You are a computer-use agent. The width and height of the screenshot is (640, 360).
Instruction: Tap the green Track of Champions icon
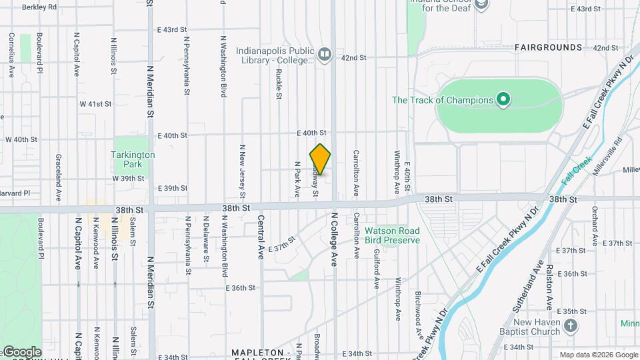504,101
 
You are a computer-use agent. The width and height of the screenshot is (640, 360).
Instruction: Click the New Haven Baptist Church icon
570,325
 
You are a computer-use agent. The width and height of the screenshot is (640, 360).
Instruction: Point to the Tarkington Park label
133,159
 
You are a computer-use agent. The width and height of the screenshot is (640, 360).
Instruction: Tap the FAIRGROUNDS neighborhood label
548,48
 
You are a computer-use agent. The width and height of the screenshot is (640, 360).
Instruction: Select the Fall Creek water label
577,171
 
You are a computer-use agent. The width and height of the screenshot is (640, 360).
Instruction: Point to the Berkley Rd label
39,8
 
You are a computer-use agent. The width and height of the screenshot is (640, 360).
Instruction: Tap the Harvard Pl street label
15,193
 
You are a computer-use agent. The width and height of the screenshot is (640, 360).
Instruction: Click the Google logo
21,352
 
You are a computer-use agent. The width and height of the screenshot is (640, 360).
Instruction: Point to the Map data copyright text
597,355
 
